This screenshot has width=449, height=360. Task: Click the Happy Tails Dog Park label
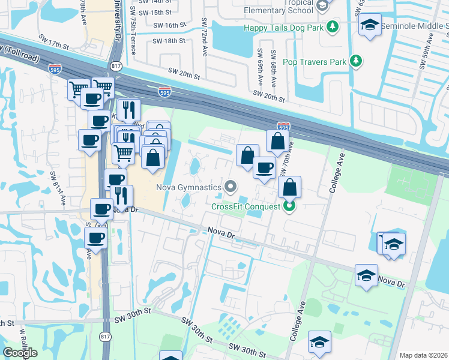click(x=282, y=28)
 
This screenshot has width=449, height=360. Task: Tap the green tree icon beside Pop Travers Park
click(x=357, y=61)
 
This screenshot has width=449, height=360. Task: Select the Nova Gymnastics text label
click(x=189, y=187)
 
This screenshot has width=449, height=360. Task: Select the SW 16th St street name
click(x=166, y=25)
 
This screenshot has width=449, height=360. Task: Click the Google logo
click(x=20, y=353)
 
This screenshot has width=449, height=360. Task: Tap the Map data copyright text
click(x=423, y=355)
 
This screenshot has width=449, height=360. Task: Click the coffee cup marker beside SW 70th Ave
click(x=264, y=167)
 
